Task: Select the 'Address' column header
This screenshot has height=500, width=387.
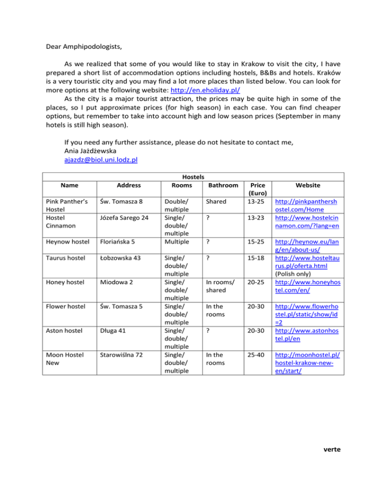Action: coord(121,186)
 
